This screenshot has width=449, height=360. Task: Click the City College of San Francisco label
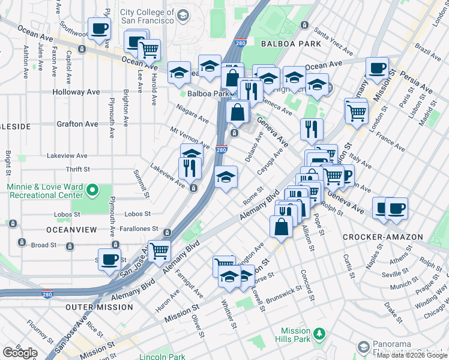(147, 16)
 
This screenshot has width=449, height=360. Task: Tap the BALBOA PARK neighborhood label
(291, 43)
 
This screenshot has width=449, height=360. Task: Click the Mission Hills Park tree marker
(320, 333)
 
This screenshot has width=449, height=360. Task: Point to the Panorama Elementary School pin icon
(363, 347)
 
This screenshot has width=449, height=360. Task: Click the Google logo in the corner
(20, 353)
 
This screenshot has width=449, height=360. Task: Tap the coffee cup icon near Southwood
(99, 28)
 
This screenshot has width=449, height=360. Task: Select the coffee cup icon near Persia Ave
(377, 67)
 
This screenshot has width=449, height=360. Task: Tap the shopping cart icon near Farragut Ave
(159, 250)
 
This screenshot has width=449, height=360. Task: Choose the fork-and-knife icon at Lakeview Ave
(189, 167)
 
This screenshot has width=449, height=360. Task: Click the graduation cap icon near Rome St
(226, 176)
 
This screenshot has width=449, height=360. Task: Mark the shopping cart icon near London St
(356, 111)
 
